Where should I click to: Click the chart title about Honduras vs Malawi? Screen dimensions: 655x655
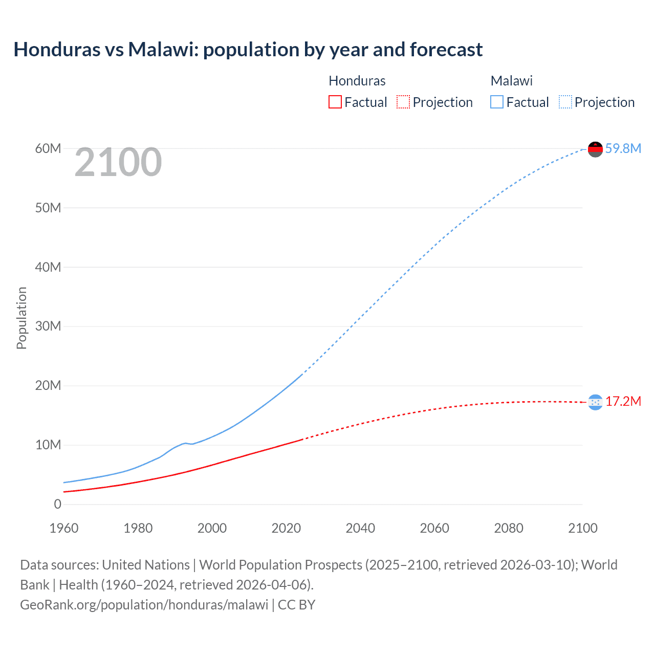coord(248,50)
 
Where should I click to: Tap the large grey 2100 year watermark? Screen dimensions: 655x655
coord(118,162)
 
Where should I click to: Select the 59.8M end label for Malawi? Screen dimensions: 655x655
coord(623,148)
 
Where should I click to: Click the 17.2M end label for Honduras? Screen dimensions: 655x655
coord(623,401)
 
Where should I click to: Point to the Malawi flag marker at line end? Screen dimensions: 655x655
coord(595,149)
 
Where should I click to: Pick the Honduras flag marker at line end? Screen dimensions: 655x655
coord(595,402)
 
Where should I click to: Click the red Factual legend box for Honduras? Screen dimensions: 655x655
coord(335,102)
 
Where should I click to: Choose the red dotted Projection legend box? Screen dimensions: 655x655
coord(403,102)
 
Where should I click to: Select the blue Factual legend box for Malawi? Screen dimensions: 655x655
coord(497,102)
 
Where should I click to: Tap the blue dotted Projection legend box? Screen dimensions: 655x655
coord(565,102)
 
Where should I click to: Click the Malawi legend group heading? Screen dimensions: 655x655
coord(511,81)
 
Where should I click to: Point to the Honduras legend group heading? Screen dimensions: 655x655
coord(357,81)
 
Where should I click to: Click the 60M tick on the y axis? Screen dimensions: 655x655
coord(48,148)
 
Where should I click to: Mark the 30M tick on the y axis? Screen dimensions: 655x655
coord(48,326)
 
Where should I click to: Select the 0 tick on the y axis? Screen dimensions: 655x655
coord(57,504)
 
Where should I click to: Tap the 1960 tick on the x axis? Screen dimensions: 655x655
coord(64,528)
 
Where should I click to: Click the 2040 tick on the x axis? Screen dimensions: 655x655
coord(360,528)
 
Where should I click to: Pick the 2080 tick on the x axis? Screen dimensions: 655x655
coord(509,528)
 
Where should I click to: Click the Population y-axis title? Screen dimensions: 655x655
coord(21,318)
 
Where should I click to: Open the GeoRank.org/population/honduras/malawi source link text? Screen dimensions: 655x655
coord(144,605)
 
